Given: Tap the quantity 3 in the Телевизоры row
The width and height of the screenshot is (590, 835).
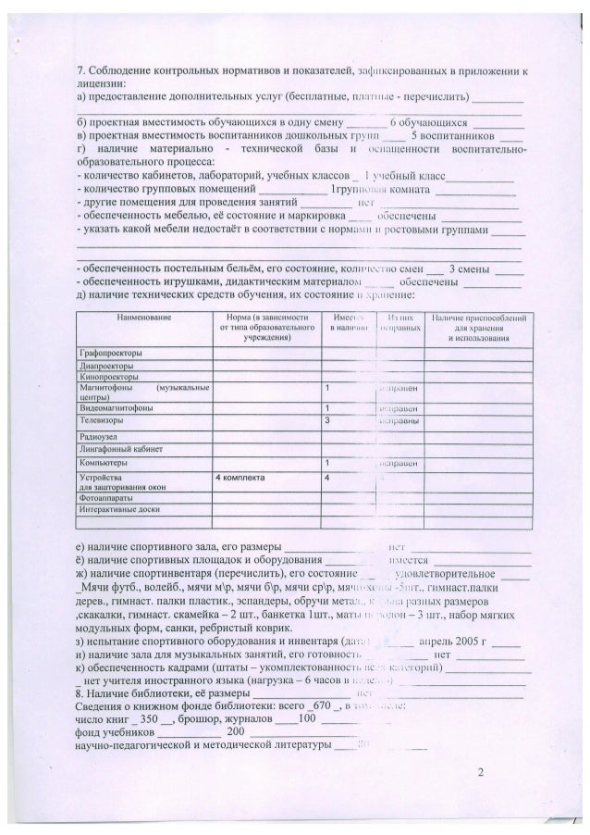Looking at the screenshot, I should pyautogui.click(x=327, y=419).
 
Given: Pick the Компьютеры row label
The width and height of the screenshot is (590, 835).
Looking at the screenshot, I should pyautogui.click(x=101, y=461).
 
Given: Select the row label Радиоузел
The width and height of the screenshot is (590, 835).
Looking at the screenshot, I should pyautogui.click(x=95, y=434).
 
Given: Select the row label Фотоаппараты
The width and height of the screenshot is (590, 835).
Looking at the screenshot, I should pyautogui.click(x=102, y=497).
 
